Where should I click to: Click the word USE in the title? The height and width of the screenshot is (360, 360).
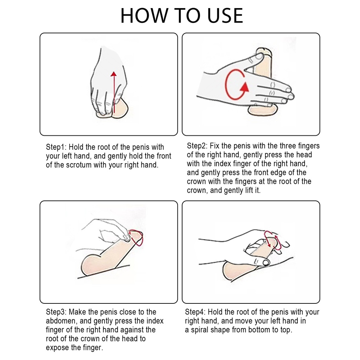225,15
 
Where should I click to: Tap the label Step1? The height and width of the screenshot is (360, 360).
56,147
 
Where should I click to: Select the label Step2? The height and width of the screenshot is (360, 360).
197,146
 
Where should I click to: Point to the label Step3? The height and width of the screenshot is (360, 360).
56,312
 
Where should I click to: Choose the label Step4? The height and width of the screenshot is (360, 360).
195,312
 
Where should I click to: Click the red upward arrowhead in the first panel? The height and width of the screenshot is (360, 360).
114,74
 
